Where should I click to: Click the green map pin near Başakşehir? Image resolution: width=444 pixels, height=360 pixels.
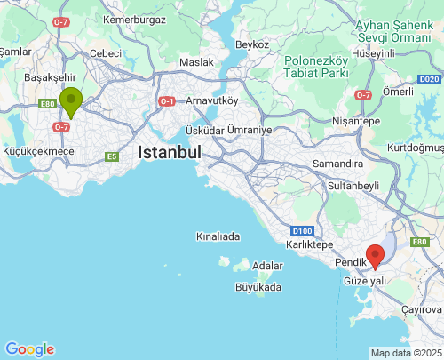click(x=70, y=100)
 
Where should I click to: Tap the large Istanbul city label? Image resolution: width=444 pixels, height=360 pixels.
click(x=169, y=153)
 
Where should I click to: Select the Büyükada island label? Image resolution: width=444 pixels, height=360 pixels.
click(x=258, y=287)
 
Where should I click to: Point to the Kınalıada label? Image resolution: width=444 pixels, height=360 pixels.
click(x=218, y=237)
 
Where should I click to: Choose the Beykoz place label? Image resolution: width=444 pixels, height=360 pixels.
click(x=252, y=44)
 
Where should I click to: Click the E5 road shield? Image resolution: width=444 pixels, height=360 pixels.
click(x=111, y=156)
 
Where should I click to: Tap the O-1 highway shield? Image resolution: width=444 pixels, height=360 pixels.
click(x=166, y=101)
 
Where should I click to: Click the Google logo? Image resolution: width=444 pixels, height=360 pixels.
click(x=29, y=349)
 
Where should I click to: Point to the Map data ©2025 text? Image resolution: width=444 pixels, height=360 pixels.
click(x=405, y=353)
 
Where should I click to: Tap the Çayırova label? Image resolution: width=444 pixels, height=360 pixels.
click(x=421, y=307)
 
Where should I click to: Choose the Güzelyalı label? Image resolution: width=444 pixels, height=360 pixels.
click(x=365, y=280)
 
